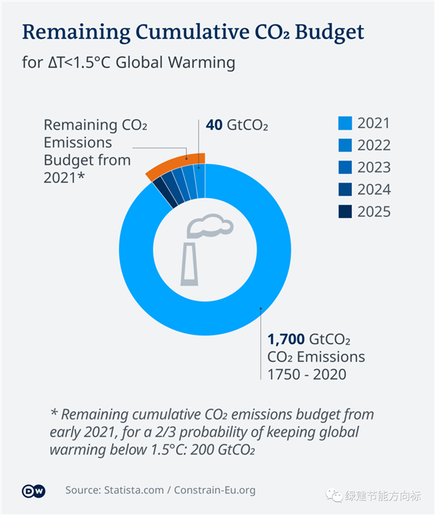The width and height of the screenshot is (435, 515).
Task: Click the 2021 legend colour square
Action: [345, 122]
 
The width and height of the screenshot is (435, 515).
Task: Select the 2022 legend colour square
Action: [345, 145]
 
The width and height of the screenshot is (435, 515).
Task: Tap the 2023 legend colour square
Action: [345, 167]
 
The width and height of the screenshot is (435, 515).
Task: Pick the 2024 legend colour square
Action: [345, 190]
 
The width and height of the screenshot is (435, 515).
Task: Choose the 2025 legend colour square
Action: [345, 212]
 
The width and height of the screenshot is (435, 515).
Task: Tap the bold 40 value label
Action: [214, 125]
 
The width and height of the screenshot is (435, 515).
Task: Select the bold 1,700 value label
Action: [286, 339]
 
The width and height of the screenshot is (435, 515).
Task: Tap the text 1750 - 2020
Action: [307, 374]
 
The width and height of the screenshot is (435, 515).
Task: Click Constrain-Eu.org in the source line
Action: [215, 490]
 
